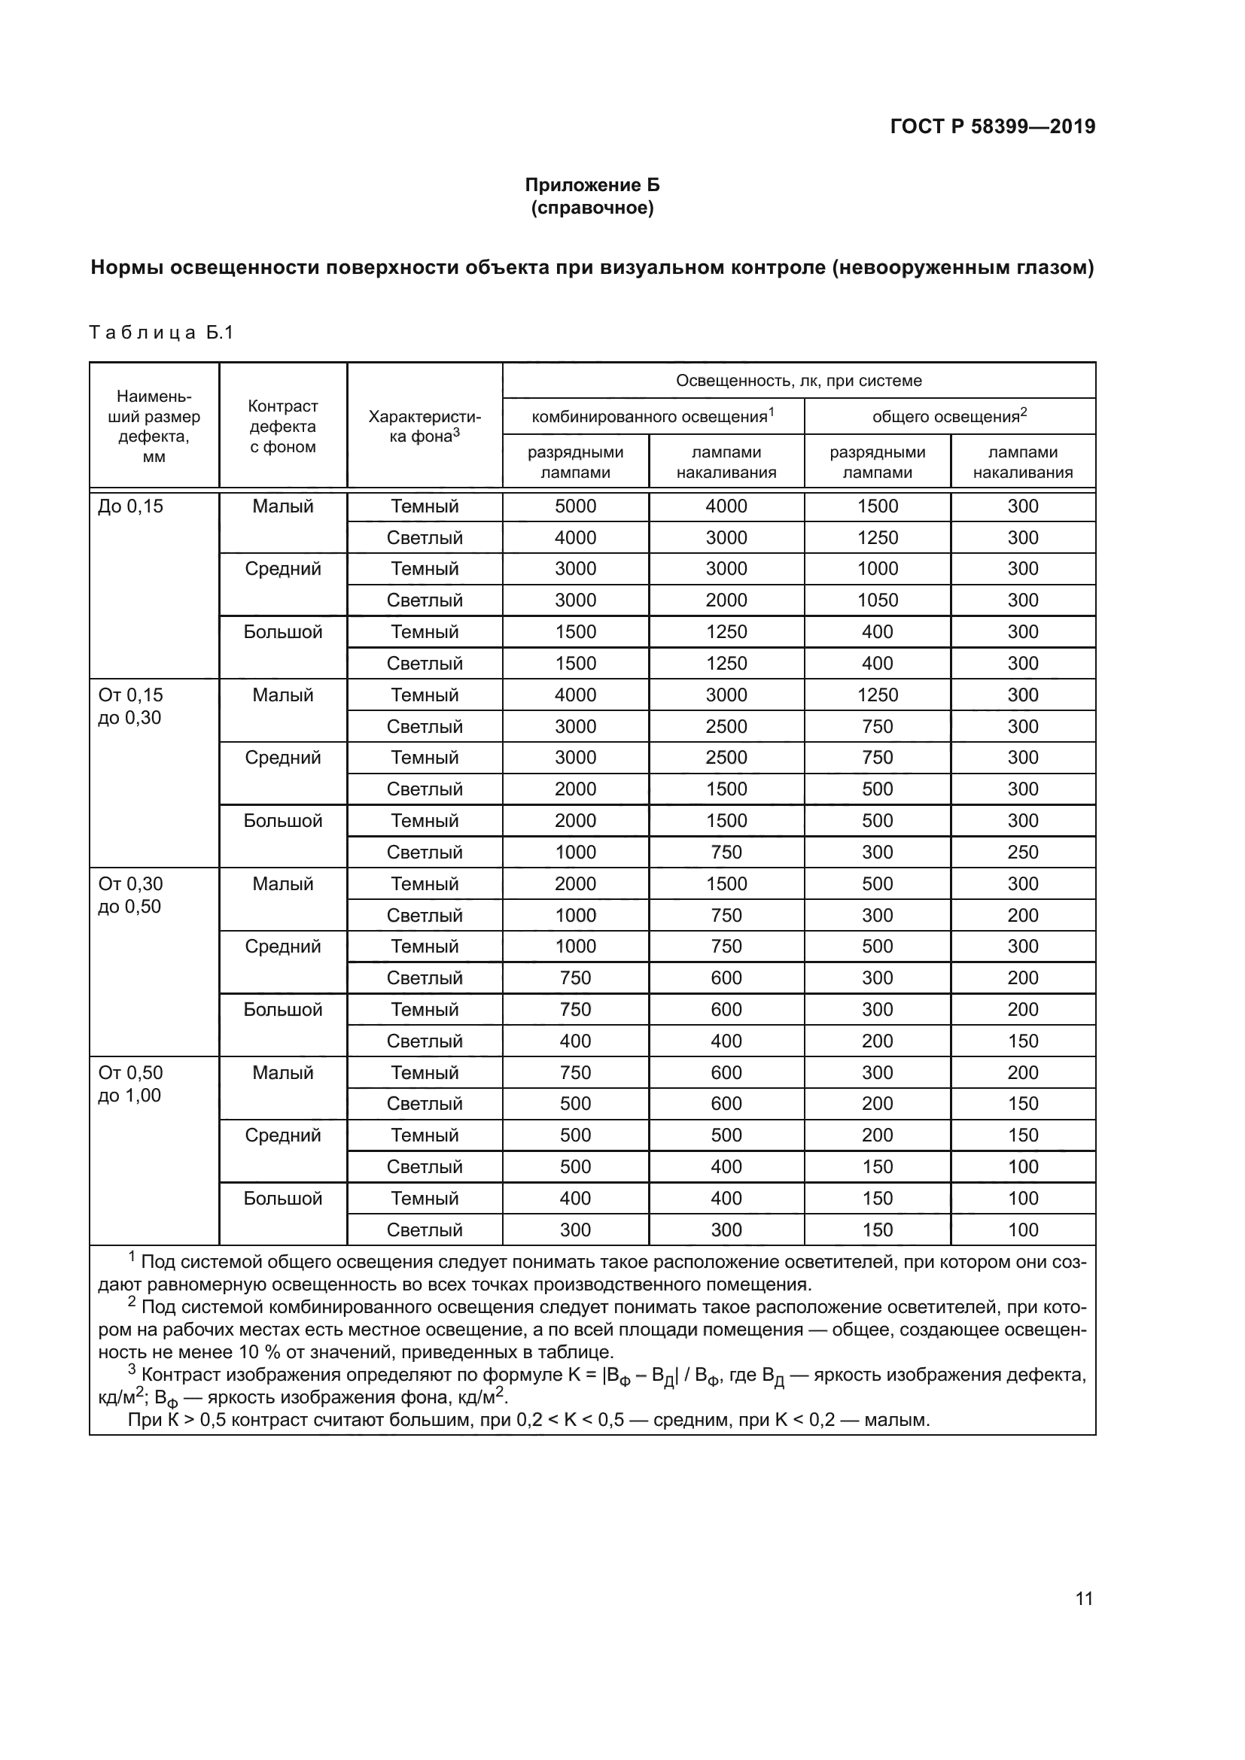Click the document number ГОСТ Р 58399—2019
[x=992, y=126]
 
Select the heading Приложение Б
[x=592, y=185]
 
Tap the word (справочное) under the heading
[x=592, y=208]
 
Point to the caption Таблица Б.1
[x=161, y=333]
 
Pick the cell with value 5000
[x=575, y=506]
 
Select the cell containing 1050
[x=877, y=600]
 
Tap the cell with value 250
[x=1023, y=852]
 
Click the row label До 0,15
[x=130, y=506]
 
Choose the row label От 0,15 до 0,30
[x=130, y=706]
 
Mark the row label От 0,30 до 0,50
[x=130, y=895]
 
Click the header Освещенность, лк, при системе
[x=798, y=380]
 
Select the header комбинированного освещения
[x=652, y=416]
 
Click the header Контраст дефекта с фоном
[x=283, y=426]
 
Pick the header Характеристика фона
[x=425, y=426]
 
